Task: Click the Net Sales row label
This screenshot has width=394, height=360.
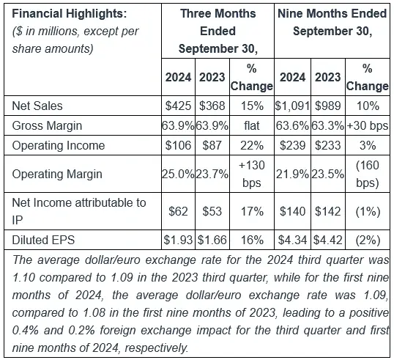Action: pyautogui.click(x=37, y=106)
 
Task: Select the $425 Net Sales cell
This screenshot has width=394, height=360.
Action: pyautogui.click(x=178, y=106)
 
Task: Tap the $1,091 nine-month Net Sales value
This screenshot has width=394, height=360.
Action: pyautogui.click(x=292, y=106)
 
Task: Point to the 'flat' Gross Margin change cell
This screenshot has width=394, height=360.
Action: pyautogui.click(x=251, y=125)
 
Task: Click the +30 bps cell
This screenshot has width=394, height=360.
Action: pyautogui.click(x=368, y=125)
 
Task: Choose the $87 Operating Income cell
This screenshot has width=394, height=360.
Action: pyautogui.click(x=212, y=145)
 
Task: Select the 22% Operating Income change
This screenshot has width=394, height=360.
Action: pyautogui.click(x=252, y=145)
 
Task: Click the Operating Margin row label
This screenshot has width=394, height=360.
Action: pyautogui.click(x=57, y=174)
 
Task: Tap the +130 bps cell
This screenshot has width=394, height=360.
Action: pyautogui.click(x=252, y=174)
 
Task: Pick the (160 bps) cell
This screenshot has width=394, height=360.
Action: pyautogui.click(x=368, y=174)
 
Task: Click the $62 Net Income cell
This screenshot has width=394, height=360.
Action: pyautogui.click(x=178, y=211)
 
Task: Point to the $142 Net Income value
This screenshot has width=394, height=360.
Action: pyautogui.click(x=327, y=211)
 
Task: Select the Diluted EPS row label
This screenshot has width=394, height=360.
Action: pyautogui.click(x=43, y=240)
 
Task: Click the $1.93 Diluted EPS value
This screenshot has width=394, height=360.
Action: pyautogui.click(x=178, y=240)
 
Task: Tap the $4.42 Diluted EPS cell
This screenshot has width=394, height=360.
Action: pyautogui.click(x=327, y=240)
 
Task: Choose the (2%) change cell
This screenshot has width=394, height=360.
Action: pyautogui.click(x=368, y=240)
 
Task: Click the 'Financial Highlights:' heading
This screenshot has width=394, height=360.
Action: pyautogui.click(x=70, y=14)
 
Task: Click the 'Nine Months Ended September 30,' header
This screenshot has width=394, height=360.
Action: pyautogui.click(x=332, y=23)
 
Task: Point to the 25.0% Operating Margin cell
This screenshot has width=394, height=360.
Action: pyautogui.click(x=178, y=174)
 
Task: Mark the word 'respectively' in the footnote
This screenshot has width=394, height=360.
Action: pyautogui.click(x=156, y=348)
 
